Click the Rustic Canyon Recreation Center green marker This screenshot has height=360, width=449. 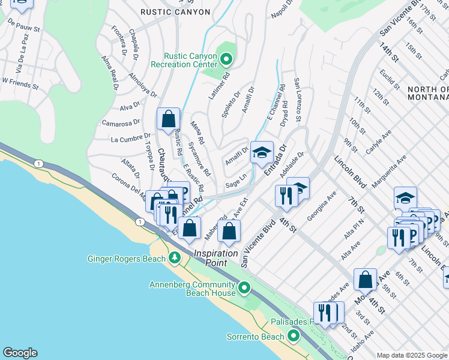click(226, 59)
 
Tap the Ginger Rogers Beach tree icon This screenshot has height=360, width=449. click(175, 259)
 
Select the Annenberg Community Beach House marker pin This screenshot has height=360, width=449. click(243, 289)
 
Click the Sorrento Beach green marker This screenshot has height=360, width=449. click(294, 336)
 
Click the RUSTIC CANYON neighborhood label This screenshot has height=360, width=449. click(175, 12)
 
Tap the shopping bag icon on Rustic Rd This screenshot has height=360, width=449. click(169, 119)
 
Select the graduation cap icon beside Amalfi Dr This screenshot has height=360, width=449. click(262, 153)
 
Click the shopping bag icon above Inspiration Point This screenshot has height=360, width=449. click(229, 232)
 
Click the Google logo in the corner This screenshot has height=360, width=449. click(20, 353)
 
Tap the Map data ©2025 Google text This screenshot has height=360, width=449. click(412, 355)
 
